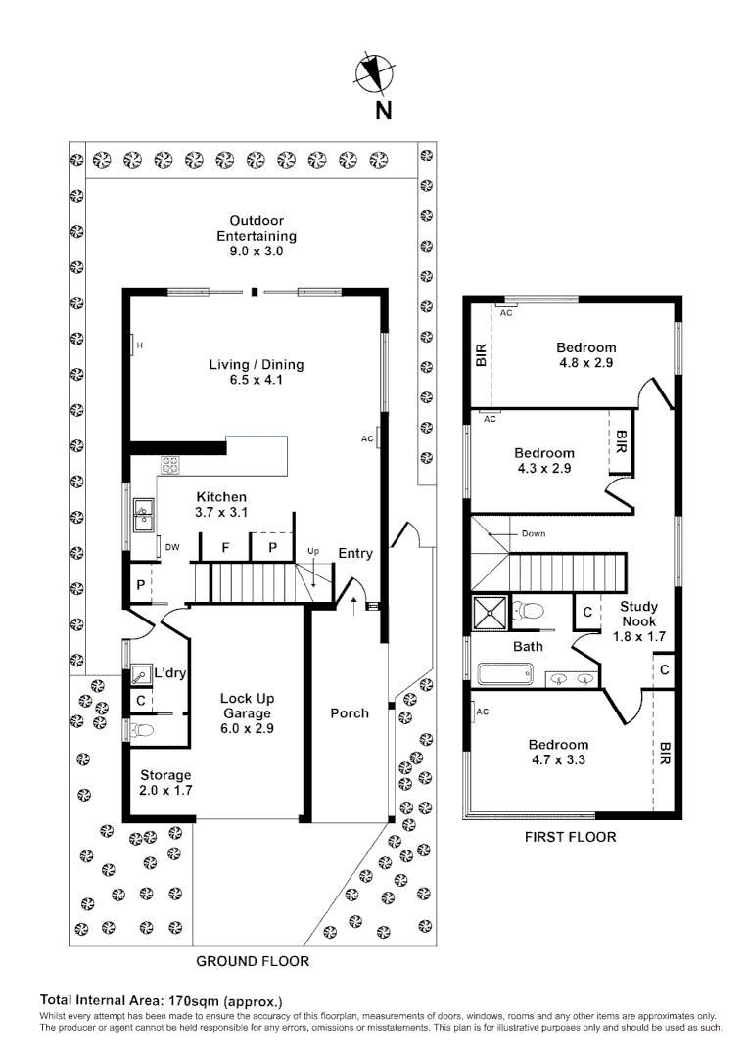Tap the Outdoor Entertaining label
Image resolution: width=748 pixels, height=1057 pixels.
pyautogui.click(x=257, y=236)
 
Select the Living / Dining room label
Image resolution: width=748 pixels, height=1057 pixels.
pyautogui.click(x=257, y=373)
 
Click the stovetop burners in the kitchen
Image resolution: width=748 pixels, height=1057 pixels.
pyautogui.click(x=170, y=467)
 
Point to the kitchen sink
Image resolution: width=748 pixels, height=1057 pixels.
pyautogui.click(x=145, y=509)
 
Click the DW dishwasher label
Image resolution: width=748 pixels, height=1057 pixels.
pyautogui.click(x=172, y=547)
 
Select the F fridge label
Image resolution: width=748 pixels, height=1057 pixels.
pyautogui.click(x=225, y=547)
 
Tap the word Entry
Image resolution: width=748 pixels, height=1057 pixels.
pyautogui.click(x=355, y=553)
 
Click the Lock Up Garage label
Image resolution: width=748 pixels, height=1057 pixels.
pyautogui.click(x=246, y=713)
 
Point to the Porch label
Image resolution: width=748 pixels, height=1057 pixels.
pyautogui.click(x=350, y=713)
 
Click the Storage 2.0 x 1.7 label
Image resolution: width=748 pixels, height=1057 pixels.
pyautogui.click(x=165, y=783)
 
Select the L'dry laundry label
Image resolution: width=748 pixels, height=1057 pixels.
pyautogui.click(x=170, y=673)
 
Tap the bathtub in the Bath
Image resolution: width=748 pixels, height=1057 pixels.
pyautogui.click(x=503, y=675)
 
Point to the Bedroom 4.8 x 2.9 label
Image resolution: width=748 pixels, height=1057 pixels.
pyautogui.click(x=586, y=355)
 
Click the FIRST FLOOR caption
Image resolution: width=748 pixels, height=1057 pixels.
pyautogui.click(x=571, y=837)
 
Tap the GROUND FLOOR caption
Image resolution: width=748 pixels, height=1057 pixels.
pyautogui.click(x=253, y=961)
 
